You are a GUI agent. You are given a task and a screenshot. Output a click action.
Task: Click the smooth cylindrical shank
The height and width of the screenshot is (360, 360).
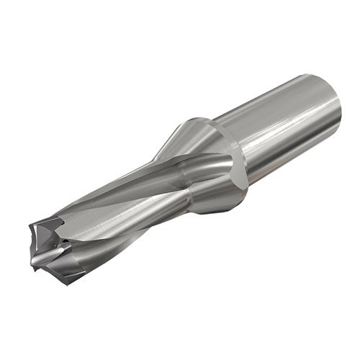[x=288, y=122]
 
